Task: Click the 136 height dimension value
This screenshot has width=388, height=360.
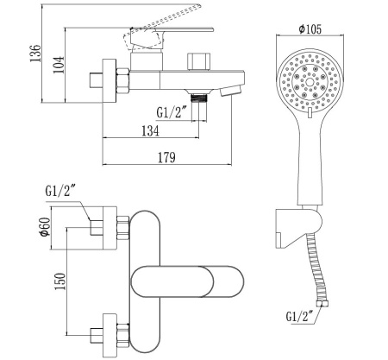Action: click(x=35, y=53)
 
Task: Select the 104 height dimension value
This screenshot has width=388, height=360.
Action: click(x=59, y=65)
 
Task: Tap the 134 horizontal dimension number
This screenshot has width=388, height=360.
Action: click(x=150, y=131)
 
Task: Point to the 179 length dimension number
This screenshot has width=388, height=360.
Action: click(x=166, y=158)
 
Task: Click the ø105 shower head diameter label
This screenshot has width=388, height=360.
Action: click(x=310, y=29)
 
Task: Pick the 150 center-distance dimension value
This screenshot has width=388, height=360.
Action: click(x=60, y=281)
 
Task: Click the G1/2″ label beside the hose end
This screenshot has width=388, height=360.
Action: click(x=299, y=317)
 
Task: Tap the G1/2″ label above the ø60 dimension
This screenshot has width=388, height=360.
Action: click(x=59, y=191)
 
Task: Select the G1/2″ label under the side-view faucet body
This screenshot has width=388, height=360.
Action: click(x=172, y=112)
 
